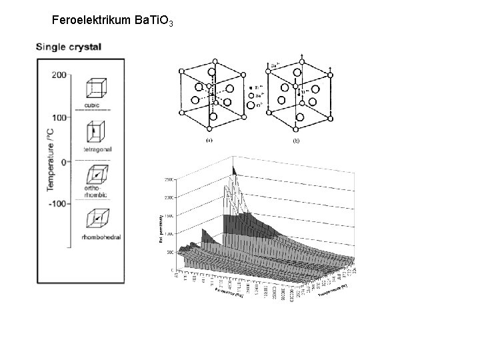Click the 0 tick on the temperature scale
(63, 161)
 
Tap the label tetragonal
(97, 149)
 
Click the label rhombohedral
(99, 238)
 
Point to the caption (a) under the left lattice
(209, 141)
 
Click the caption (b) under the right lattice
(297, 141)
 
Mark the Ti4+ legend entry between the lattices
(256, 87)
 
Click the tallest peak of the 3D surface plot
(233, 167)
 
